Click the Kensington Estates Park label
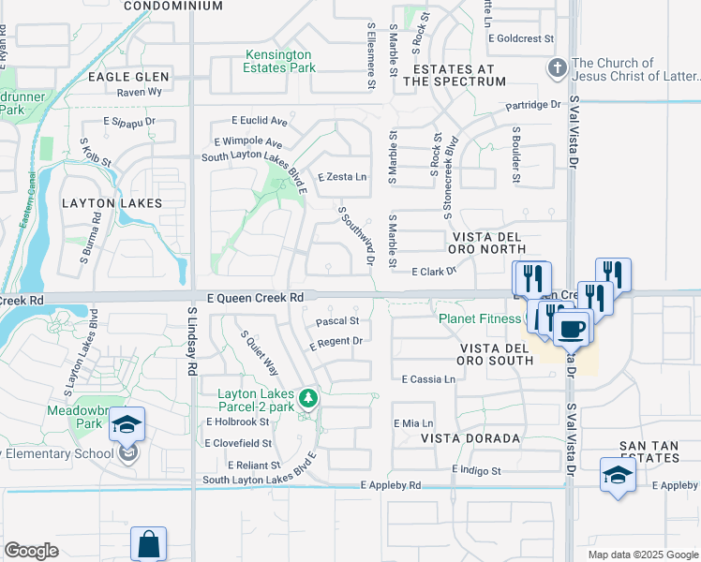coord(280,61)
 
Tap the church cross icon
coord(557,68)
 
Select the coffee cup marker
coord(571,329)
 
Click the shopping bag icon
coord(148,543)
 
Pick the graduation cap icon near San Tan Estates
coord(618,474)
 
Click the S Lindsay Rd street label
coord(191,342)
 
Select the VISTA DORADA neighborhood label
coord(470,438)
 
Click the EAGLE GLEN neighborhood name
coord(128,77)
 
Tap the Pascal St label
coord(337,321)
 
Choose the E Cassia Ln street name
coord(428,379)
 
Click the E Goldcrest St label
coord(522,38)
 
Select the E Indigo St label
coord(476,470)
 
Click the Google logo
coord(31,551)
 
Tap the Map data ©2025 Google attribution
coord(643,555)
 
